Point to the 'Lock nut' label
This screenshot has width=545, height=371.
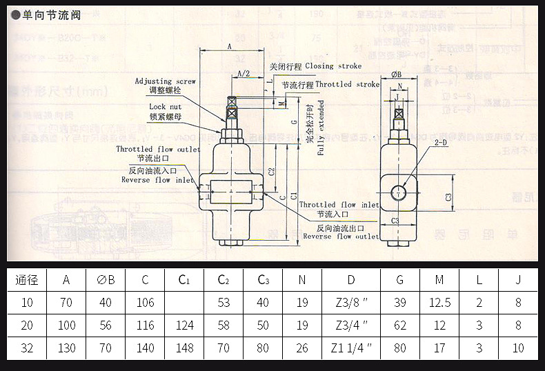click(x=166, y=107)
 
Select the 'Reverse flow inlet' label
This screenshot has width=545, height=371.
click(x=157, y=180)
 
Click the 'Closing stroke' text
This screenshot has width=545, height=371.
click(x=328, y=66)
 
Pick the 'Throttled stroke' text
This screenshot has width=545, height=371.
click(x=348, y=84)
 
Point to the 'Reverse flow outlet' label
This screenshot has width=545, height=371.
click(x=341, y=237)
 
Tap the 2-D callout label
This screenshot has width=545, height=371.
click(x=441, y=143)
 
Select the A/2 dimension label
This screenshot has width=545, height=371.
click(x=243, y=73)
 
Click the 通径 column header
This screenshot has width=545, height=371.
click(x=27, y=280)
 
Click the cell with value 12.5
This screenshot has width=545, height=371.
click(x=439, y=303)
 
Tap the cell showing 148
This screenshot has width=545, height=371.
click(x=184, y=348)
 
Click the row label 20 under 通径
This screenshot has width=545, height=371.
click(x=27, y=325)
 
